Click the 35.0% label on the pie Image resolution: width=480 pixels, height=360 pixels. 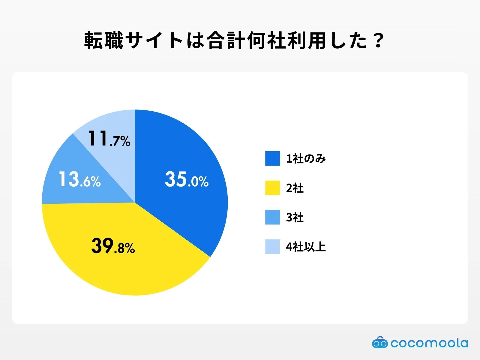[x=186, y=179]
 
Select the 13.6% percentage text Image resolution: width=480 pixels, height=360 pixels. [x=79, y=179]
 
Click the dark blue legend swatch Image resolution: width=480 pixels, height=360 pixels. [x=272, y=158]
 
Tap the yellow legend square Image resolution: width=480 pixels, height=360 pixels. [x=272, y=188]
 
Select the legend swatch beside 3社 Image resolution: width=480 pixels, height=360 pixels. [x=272, y=217]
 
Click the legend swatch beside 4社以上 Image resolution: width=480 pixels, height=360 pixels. [x=272, y=247]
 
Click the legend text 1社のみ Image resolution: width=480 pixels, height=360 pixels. [x=306, y=158]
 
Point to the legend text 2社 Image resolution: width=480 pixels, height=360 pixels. [x=295, y=188]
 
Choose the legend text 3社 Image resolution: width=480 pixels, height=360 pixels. [x=295, y=217]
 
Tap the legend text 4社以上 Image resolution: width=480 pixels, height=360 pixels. [x=306, y=247]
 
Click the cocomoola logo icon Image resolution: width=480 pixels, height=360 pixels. [x=379, y=342]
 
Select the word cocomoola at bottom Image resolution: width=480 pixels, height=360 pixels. [x=429, y=343]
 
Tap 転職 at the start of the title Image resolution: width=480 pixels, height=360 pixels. [x=103, y=40]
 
